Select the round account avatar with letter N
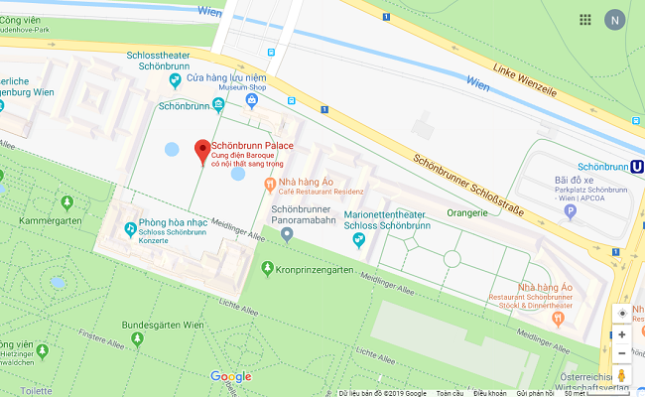(616, 20)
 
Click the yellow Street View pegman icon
(622, 375)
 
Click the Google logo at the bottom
(230, 377)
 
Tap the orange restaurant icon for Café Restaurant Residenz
(269, 184)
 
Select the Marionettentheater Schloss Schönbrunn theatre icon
(349, 215)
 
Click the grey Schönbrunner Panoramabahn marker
(287, 234)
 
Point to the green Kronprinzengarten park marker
(267, 269)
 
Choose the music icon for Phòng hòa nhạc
(131, 229)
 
